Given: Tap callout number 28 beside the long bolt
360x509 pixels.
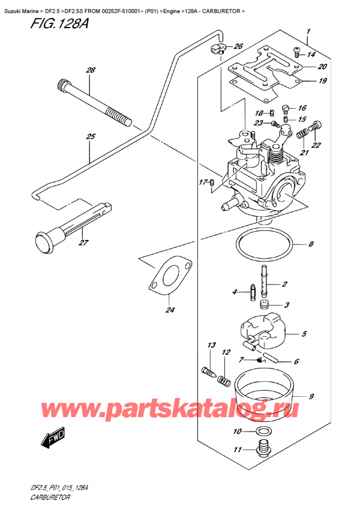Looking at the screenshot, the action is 91,71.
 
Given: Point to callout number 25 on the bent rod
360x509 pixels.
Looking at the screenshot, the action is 91,137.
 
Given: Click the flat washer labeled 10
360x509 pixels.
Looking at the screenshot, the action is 262,432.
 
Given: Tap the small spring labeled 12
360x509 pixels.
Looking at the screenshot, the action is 224,379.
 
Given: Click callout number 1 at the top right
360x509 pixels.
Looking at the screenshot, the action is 307,31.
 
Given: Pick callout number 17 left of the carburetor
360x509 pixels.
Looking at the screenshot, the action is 202,182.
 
